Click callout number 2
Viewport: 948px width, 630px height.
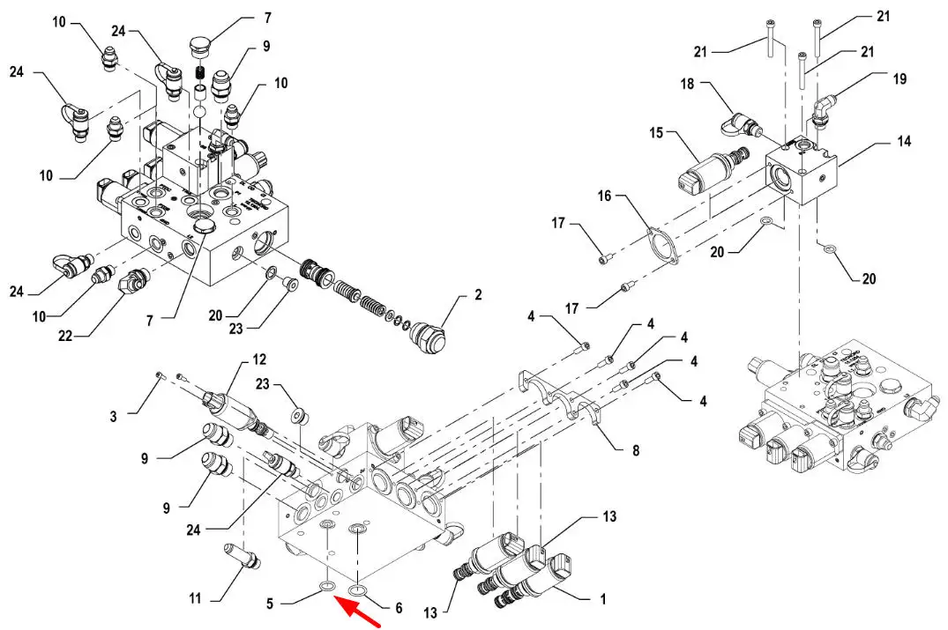coord(478,295)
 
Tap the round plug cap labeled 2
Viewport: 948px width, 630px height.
coord(429,334)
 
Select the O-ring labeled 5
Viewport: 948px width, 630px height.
coord(327,586)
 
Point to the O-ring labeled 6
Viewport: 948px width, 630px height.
coord(357,590)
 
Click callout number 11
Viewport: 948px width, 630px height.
coord(195,598)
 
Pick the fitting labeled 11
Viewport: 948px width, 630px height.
coord(242,555)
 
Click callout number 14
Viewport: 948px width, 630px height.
coord(904,141)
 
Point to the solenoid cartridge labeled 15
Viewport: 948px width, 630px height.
coord(713,168)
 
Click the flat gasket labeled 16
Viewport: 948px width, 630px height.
coord(661,244)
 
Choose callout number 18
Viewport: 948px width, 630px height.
coord(688,84)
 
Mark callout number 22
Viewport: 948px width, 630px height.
coord(64,336)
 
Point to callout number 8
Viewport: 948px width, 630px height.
coord(636,450)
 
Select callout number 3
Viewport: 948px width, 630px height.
coord(113,416)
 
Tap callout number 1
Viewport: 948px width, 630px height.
coord(603,599)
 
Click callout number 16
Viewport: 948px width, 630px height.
coord(605,196)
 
